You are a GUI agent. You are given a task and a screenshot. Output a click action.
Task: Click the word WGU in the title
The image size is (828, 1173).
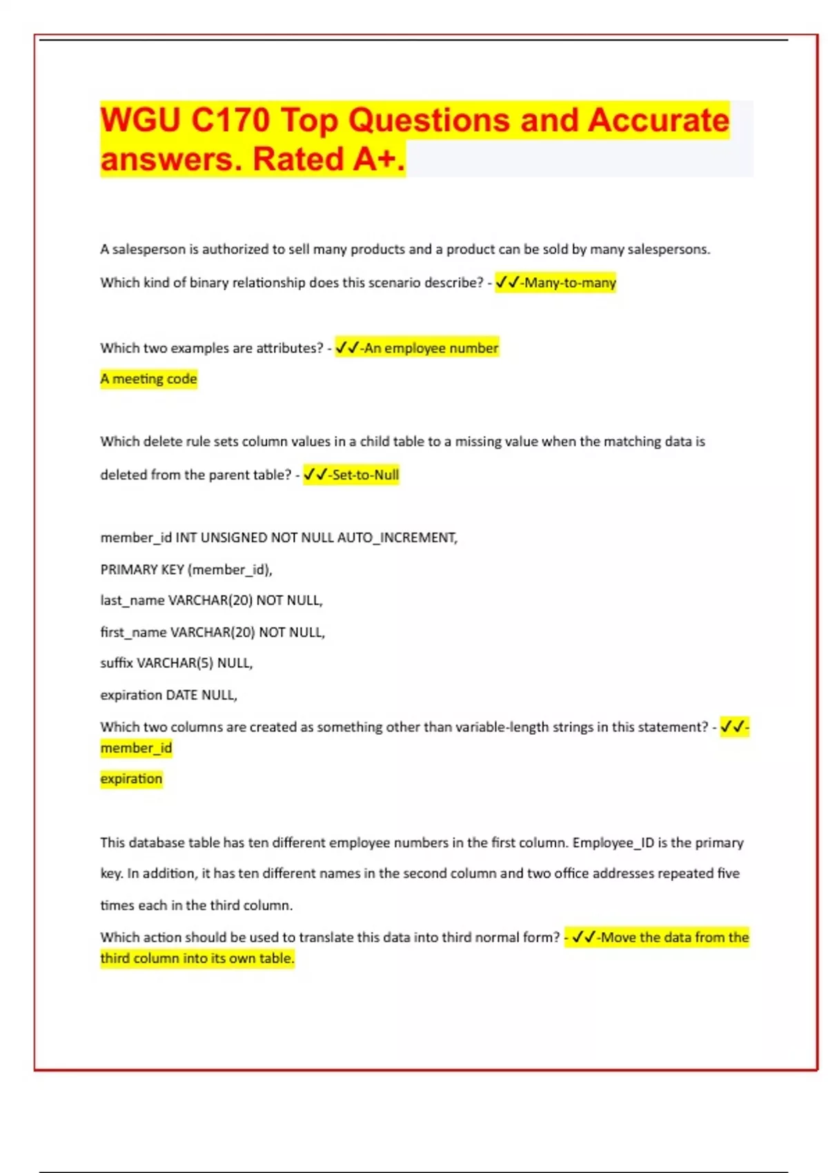pyautogui.click(x=141, y=120)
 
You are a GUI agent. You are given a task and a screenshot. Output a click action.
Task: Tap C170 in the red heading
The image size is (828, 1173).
pyautogui.click(x=230, y=120)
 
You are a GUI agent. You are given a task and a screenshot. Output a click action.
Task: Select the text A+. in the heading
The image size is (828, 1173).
pyautogui.click(x=379, y=159)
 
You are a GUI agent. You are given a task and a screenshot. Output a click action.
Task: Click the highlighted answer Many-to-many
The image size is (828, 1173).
pyautogui.click(x=570, y=283)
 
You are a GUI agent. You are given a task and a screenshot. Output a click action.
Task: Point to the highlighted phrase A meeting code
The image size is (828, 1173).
pyautogui.click(x=148, y=379)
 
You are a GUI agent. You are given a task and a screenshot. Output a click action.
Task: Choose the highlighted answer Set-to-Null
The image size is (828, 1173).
pyautogui.click(x=365, y=475)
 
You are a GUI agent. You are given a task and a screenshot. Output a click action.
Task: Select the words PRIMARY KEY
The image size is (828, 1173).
pyautogui.click(x=142, y=569)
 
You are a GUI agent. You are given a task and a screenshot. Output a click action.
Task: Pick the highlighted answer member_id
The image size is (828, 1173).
pyautogui.click(x=136, y=748)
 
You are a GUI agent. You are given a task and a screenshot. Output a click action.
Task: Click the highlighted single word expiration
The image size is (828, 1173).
pyautogui.click(x=131, y=779)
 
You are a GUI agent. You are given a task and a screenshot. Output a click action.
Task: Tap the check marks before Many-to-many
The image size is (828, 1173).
pyautogui.click(x=507, y=282)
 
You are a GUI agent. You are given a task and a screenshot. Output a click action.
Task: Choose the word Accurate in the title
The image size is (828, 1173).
pyautogui.click(x=658, y=120)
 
